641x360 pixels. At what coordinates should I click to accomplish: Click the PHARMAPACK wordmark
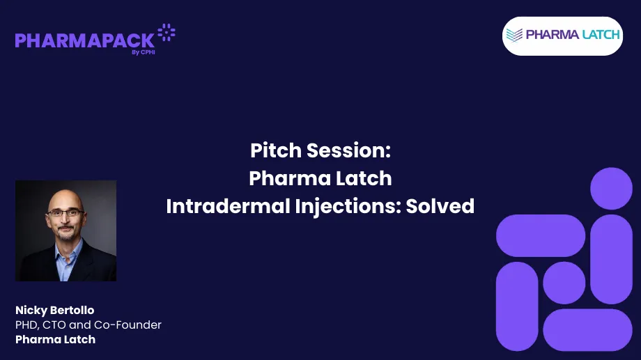point(84,40)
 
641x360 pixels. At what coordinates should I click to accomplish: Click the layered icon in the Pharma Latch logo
point(515,36)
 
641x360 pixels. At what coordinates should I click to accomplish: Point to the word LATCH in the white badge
point(601,35)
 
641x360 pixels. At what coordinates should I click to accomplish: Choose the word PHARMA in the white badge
point(553,35)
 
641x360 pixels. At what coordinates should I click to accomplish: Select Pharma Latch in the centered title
point(320,178)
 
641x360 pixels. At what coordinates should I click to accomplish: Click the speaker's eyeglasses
point(66,213)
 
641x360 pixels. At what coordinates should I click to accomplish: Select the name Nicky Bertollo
point(54,310)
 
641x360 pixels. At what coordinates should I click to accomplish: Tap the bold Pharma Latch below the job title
point(55,339)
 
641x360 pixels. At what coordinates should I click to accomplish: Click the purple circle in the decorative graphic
point(611,188)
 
